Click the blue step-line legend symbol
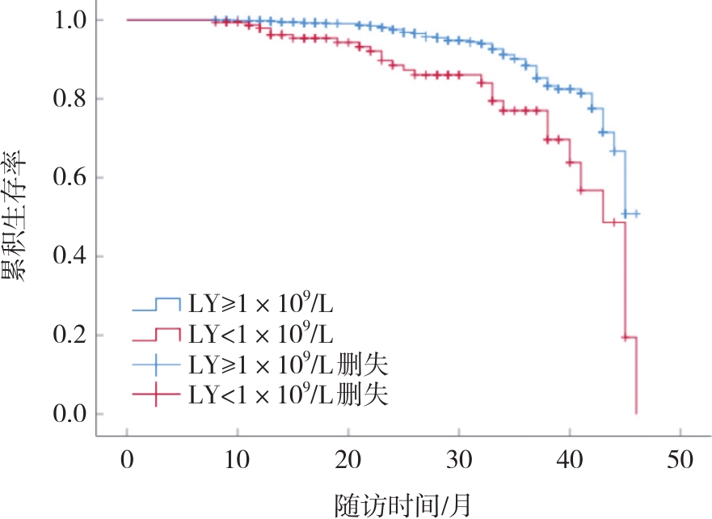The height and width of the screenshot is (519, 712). pyautogui.click(x=156, y=305)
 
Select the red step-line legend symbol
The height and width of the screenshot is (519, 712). pyautogui.click(x=156, y=335)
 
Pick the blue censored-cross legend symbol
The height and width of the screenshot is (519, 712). pyautogui.click(x=156, y=365)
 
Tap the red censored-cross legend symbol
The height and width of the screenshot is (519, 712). pyautogui.click(x=156, y=395)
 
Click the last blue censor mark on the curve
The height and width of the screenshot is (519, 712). pyautogui.click(x=636, y=214)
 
